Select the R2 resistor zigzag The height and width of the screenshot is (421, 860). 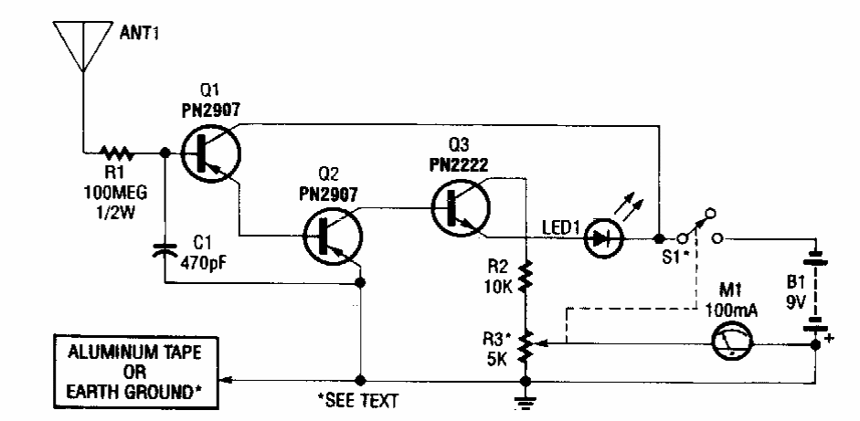525,278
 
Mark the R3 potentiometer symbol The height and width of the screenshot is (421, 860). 526,345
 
